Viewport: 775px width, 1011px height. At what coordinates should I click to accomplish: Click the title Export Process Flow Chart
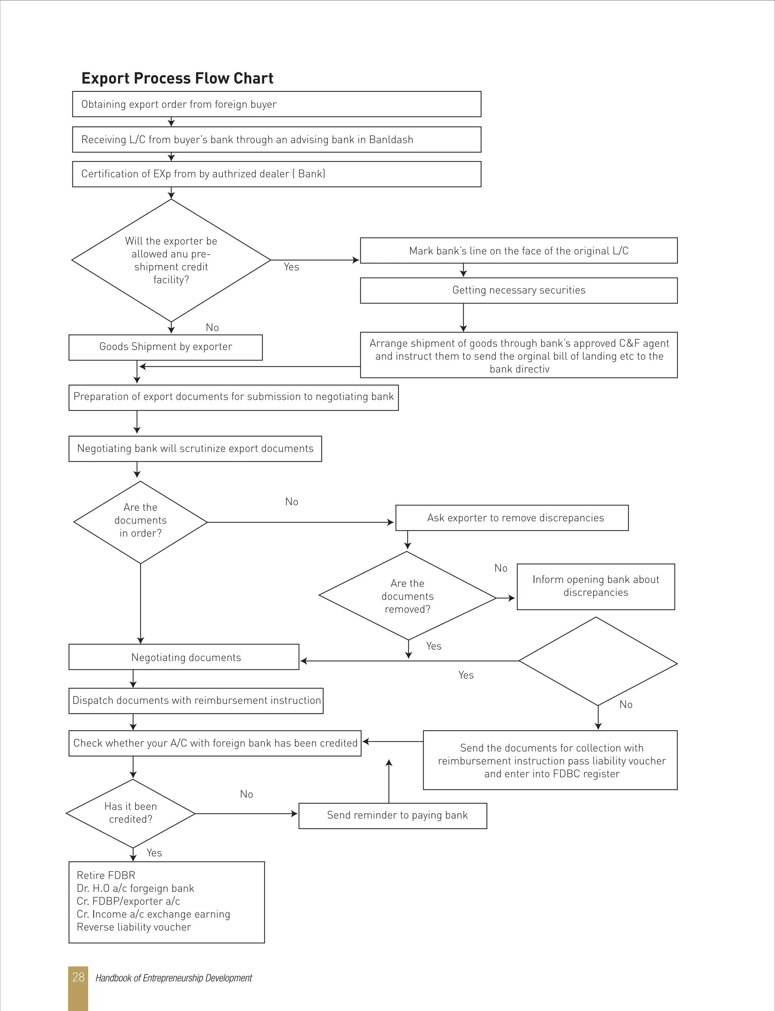pyautogui.click(x=177, y=78)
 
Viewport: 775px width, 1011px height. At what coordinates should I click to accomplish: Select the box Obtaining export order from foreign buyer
pyautogui.click(x=276, y=104)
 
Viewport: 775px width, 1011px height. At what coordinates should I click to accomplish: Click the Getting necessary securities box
pyautogui.click(x=518, y=290)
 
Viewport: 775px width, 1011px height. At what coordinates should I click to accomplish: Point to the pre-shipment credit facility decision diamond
pyautogui.click(x=171, y=261)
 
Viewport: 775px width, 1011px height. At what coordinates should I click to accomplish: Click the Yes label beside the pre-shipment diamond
pyautogui.click(x=291, y=267)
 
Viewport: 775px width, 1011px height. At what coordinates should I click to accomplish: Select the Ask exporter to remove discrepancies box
pyautogui.click(x=512, y=518)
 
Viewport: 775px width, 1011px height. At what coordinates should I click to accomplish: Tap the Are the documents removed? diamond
pyautogui.click(x=407, y=596)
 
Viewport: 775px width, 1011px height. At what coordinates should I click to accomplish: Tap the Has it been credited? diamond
pyautogui.click(x=131, y=813)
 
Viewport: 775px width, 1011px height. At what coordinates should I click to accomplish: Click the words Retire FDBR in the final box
pyautogui.click(x=106, y=875)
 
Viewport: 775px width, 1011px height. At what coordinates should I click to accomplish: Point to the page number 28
pyautogui.click(x=78, y=977)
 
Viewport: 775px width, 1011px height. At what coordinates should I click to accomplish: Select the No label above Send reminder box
pyautogui.click(x=246, y=794)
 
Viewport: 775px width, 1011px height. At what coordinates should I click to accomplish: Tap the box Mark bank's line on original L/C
pyautogui.click(x=518, y=251)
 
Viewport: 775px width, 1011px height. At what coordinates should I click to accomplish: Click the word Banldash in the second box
pyautogui.click(x=391, y=140)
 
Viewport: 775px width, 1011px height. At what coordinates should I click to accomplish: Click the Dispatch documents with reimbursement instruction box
pyautogui.click(x=196, y=701)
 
